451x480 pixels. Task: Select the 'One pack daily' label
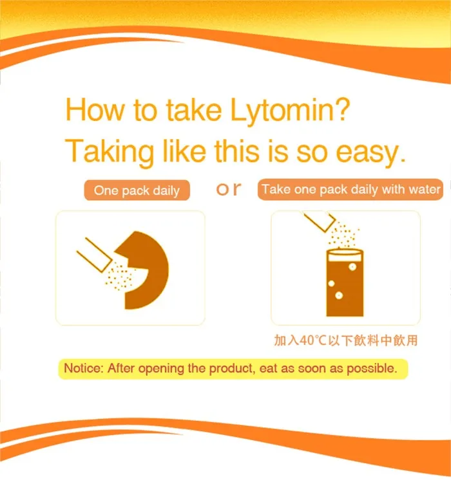click(x=137, y=190)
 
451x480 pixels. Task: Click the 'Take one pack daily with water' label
click(x=351, y=189)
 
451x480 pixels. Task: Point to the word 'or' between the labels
click(x=228, y=189)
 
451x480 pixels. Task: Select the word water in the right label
click(x=426, y=189)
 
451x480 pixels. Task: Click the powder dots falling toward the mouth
click(x=119, y=277)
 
